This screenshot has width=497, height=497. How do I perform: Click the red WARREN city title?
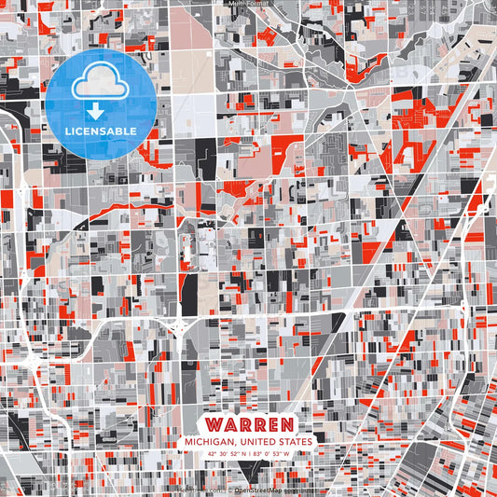[248, 422]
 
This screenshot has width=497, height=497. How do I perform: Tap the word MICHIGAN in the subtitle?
[210, 441]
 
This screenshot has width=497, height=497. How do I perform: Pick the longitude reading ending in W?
[272, 454]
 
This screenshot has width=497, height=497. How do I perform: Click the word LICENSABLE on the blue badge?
[100, 131]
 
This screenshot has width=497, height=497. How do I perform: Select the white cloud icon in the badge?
[99, 82]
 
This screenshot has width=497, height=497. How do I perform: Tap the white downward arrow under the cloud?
[97, 111]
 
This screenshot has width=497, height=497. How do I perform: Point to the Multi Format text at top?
[248, 4]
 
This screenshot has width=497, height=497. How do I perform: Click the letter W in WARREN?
[212, 422]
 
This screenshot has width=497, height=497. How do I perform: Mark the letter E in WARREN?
[269, 422]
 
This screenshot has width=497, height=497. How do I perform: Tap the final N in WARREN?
[286, 422]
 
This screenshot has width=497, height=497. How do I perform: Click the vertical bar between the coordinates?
[247, 454]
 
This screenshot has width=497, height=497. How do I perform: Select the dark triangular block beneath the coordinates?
[248, 467]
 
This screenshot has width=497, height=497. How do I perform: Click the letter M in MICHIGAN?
[188, 441]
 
